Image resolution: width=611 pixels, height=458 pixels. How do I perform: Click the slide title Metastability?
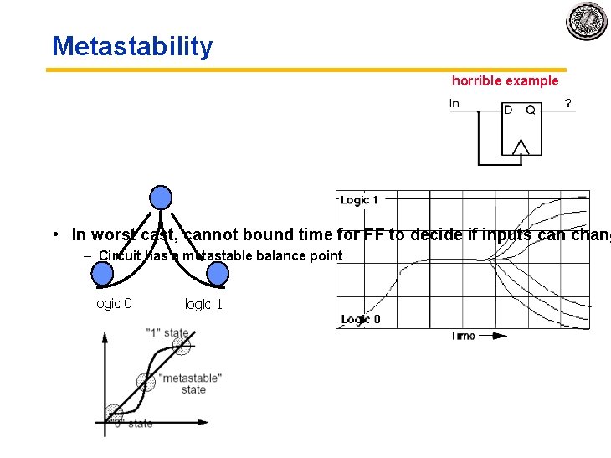[x=132, y=46]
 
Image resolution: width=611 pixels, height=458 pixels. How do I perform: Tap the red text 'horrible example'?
[x=505, y=81]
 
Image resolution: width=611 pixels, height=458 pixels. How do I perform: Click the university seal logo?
[x=587, y=21]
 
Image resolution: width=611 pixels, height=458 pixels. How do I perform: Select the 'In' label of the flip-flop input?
[x=454, y=104]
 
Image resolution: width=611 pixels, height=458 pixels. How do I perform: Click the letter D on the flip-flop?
[x=508, y=110]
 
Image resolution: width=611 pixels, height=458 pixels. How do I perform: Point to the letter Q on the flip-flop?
[x=531, y=110]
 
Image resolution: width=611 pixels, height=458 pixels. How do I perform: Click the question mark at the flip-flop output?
[x=568, y=104]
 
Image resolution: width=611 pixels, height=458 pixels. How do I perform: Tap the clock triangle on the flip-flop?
[x=521, y=148]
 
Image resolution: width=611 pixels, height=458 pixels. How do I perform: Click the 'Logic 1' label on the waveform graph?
[x=359, y=200]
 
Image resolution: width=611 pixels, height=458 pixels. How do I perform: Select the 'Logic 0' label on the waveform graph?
[x=361, y=319]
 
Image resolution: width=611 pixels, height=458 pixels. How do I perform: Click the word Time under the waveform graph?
[x=463, y=336]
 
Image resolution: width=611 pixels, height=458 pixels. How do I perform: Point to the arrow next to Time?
[x=497, y=336]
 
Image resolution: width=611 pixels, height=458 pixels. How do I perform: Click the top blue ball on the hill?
[x=161, y=198]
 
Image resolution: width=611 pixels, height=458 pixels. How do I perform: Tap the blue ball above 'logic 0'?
[x=102, y=274]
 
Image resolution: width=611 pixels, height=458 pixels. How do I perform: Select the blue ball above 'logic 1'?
[x=218, y=274]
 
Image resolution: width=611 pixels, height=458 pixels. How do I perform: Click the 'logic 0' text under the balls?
[x=112, y=303]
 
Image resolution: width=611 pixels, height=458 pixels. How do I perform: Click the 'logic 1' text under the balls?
[x=203, y=304]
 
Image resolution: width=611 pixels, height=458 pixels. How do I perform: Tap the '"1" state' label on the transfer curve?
[x=167, y=332]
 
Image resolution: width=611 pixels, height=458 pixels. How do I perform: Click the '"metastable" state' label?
[x=191, y=383]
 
